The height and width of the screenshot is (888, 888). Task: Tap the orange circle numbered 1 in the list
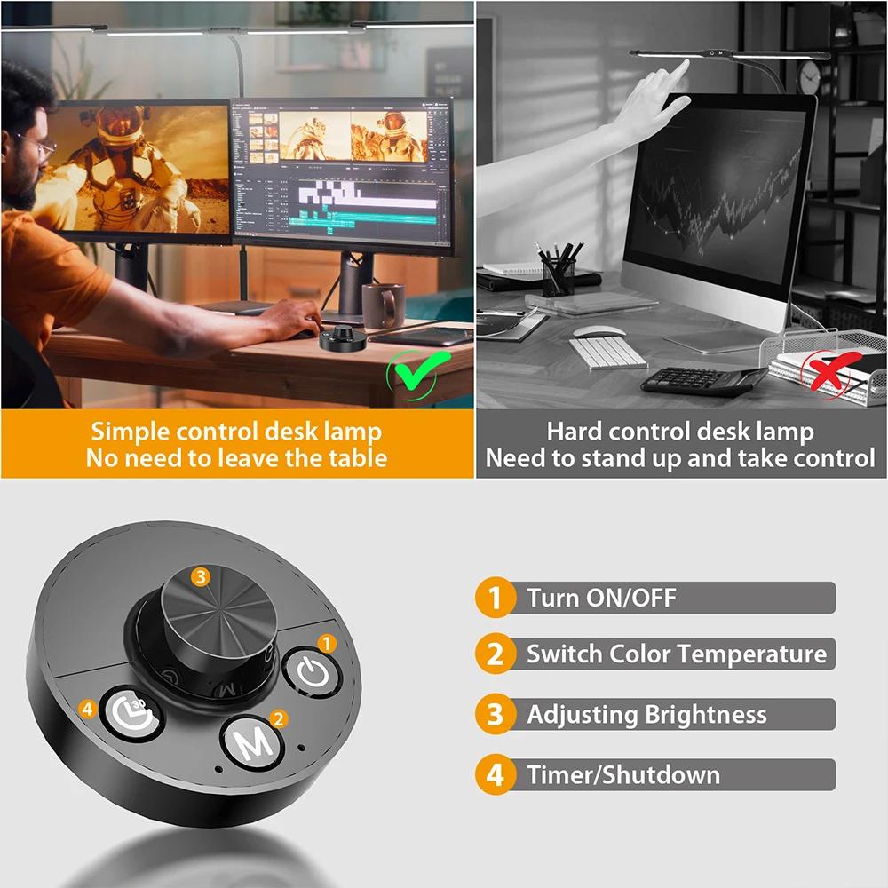(x=495, y=598)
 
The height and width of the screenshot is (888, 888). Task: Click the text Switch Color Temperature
(x=676, y=655)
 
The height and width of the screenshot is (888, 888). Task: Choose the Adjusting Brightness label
(x=646, y=715)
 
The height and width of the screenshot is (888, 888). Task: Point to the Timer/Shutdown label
(x=622, y=774)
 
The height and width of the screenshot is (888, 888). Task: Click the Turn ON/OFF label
(x=601, y=598)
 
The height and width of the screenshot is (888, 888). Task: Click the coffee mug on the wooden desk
(x=383, y=305)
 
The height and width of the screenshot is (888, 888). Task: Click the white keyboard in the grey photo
(x=607, y=353)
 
